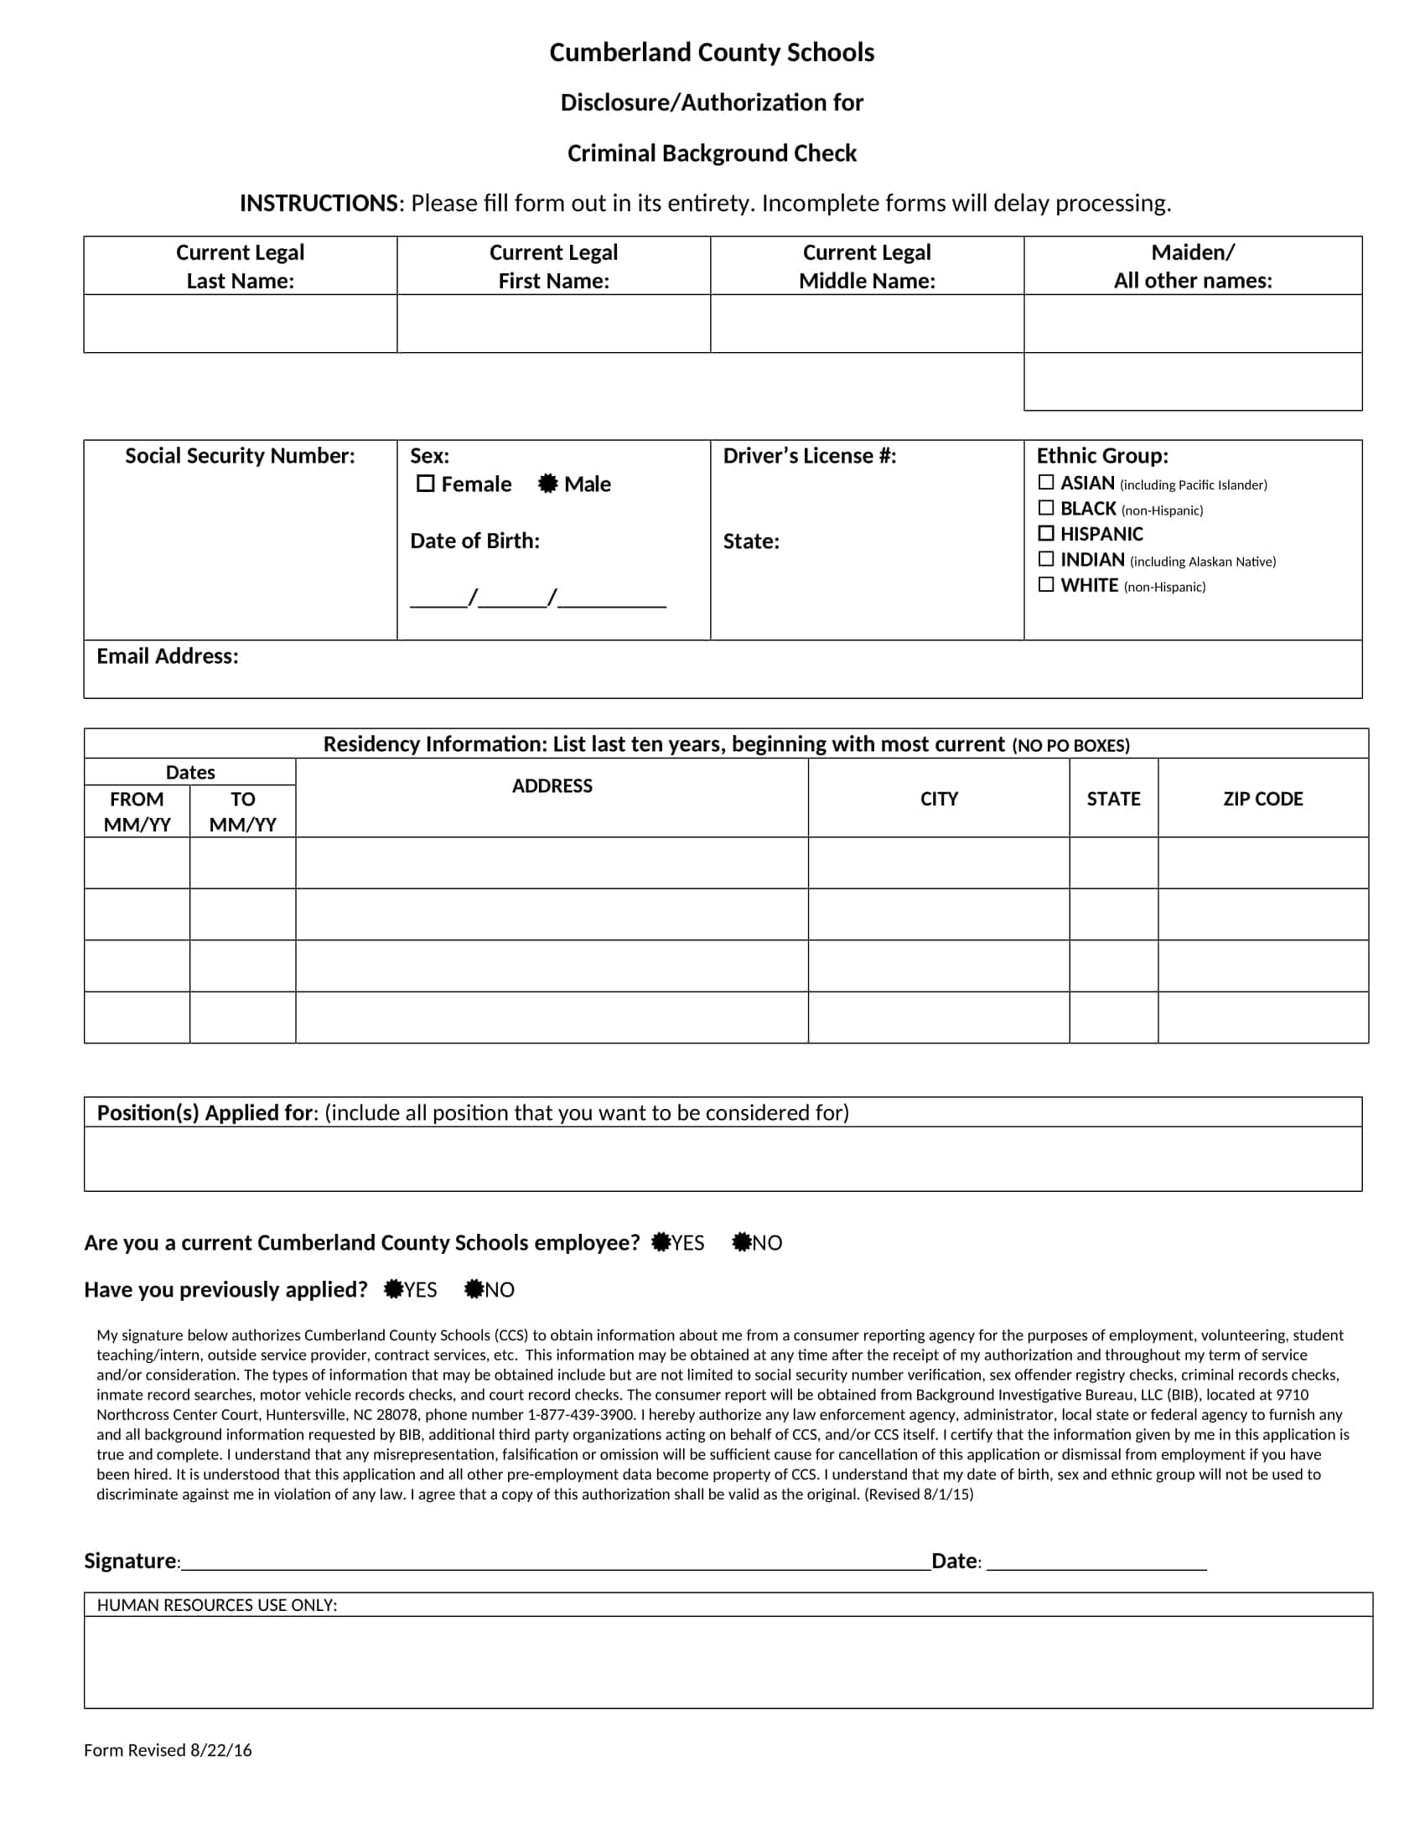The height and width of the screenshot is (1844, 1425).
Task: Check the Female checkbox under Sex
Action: point(426,484)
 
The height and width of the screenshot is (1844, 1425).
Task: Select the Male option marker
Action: point(548,484)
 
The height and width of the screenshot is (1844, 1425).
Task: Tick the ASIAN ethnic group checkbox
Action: point(1046,482)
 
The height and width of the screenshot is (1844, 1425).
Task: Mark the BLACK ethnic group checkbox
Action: point(1046,507)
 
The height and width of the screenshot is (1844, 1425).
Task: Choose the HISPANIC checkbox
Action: point(1046,533)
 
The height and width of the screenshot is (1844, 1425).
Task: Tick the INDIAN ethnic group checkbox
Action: point(1046,559)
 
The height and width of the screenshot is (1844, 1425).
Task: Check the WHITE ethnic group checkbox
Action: point(1046,584)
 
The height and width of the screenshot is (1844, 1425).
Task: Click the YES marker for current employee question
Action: point(661,1242)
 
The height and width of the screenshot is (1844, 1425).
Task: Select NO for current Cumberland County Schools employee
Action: point(741,1242)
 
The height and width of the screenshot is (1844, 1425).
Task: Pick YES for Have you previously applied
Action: point(393,1289)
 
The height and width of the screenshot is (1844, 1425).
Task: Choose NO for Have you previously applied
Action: point(474,1289)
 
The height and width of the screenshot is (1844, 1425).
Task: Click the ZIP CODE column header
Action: point(1262,799)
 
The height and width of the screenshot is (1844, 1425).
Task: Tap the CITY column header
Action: point(939,799)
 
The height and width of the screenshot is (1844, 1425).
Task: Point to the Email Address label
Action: point(167,656)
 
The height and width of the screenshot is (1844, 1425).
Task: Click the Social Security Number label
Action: point(240,456)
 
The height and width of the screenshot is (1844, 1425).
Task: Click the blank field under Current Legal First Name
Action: point(553,324)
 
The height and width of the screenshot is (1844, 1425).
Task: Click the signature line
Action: point(556,1562)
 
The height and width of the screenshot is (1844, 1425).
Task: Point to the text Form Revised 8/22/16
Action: point(167,1750)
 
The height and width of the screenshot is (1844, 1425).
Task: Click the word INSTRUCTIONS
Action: point(319,204)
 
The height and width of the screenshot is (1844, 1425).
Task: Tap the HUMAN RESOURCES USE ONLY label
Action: point(217,1605)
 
